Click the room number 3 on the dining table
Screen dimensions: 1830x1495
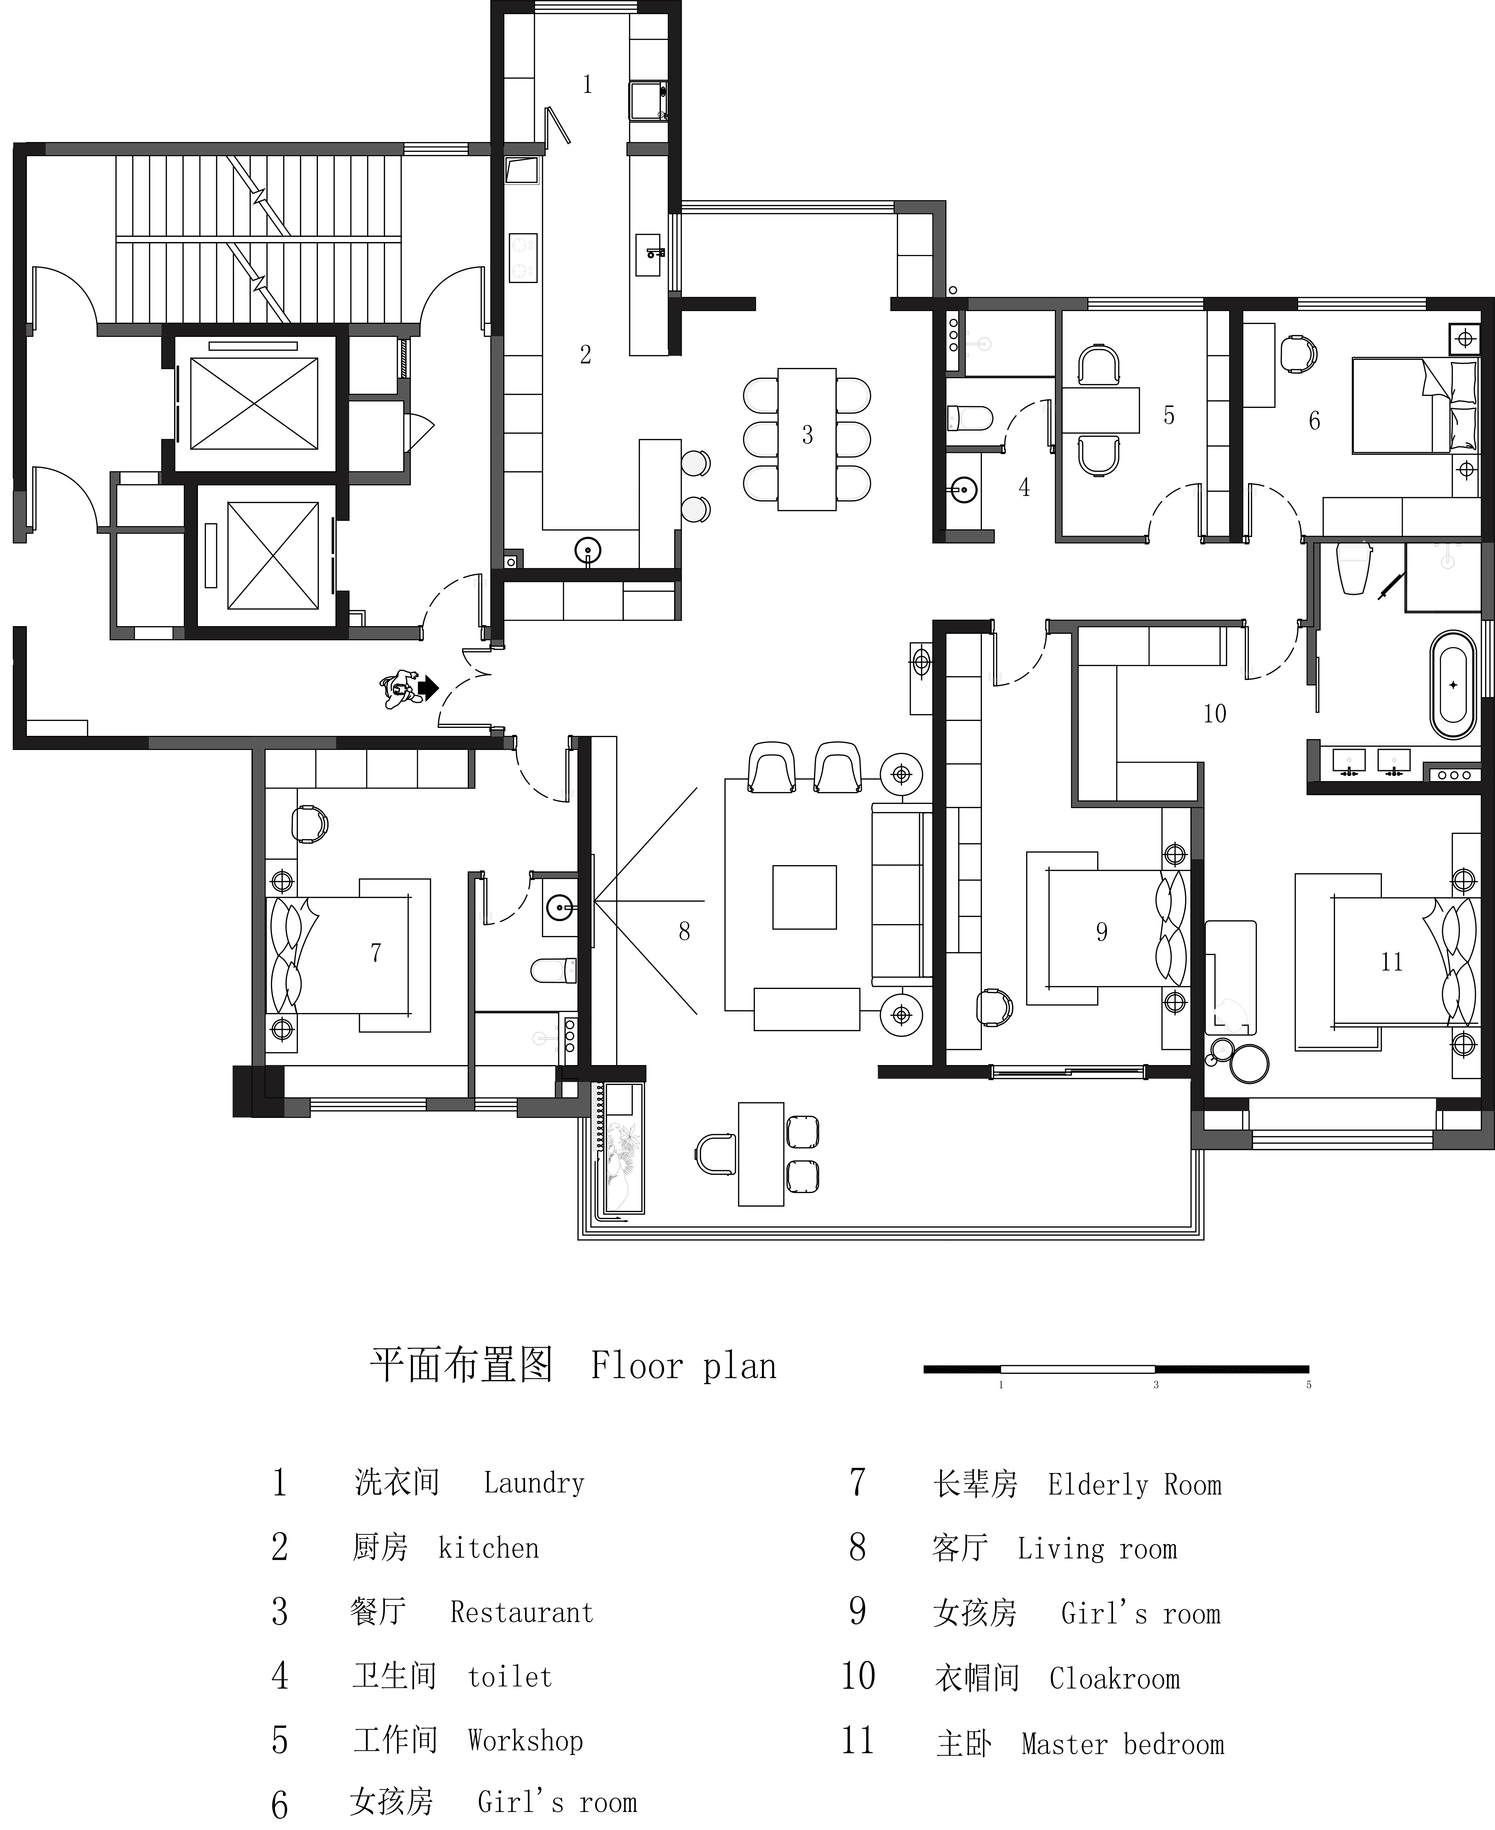807,435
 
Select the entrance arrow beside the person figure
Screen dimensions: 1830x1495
428,687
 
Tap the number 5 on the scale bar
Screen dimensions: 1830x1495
1308,1385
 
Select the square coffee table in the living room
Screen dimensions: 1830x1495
804,897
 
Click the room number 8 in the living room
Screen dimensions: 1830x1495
684,931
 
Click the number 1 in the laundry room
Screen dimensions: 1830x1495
587,84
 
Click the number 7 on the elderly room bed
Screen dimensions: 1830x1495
375,952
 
